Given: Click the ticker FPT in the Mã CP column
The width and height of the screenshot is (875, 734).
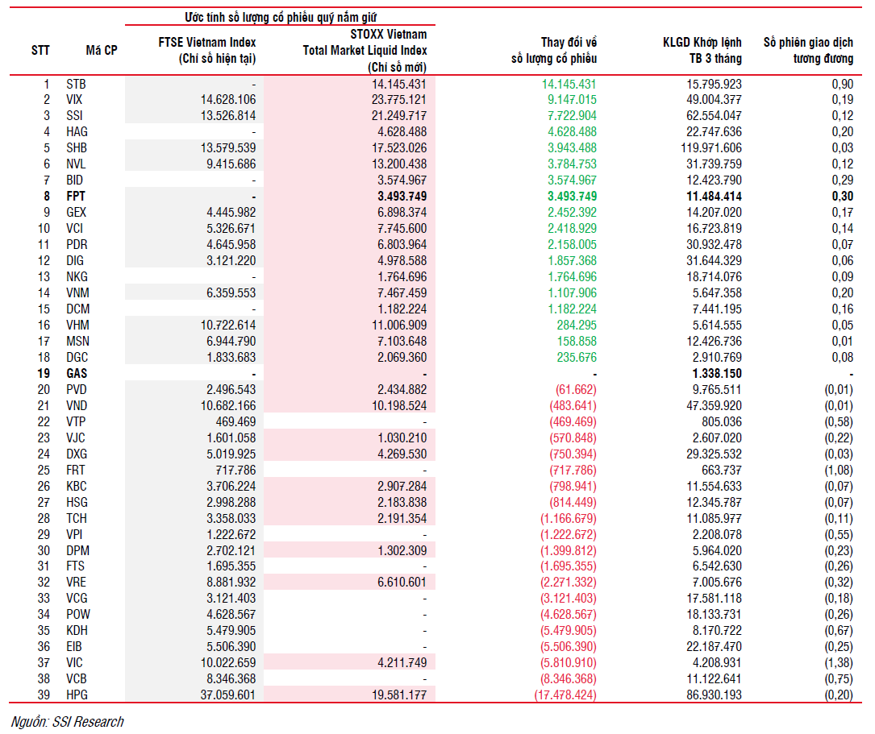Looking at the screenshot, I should click(x=76, y=196).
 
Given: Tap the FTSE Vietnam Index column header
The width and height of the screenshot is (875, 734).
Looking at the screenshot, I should click(x=207, y=50).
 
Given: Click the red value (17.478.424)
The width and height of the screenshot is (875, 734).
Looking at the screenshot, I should click(x=565, y=695).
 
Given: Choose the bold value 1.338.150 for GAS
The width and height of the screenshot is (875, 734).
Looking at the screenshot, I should click(x=715, y=373).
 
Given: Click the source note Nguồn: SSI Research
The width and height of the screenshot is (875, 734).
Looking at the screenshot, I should click(x=68, y=721).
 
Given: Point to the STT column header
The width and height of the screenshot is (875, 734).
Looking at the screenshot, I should click(x=40, y=50).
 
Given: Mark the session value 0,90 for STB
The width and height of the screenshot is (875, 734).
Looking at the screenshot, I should click(x=841, y=84).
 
